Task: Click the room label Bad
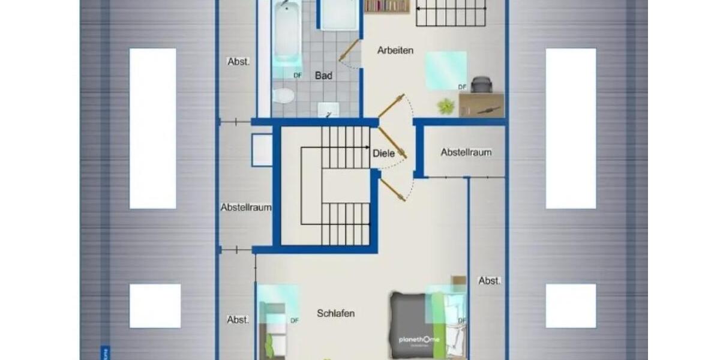coord(324,76)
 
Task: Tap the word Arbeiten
coord(395,50)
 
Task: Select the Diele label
coord(384,153)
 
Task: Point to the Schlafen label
coord(336,313)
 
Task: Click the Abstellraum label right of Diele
coord(466,152)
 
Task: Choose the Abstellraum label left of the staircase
coord(246,208)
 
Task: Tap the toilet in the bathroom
coord(283,96)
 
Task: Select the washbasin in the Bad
coord(328,109)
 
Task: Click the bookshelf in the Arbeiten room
coord(386,6)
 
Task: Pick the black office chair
coord(481,85)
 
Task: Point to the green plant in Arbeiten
coord(446,107)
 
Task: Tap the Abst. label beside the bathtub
coord(239,61)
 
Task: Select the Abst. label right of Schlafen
coord(490,280)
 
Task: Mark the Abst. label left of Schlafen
coord(238,320)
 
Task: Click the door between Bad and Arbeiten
coord(349,51)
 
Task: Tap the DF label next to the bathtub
coord(297,75)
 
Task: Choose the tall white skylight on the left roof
coord(153,128)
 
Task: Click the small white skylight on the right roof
coord(571,305)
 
